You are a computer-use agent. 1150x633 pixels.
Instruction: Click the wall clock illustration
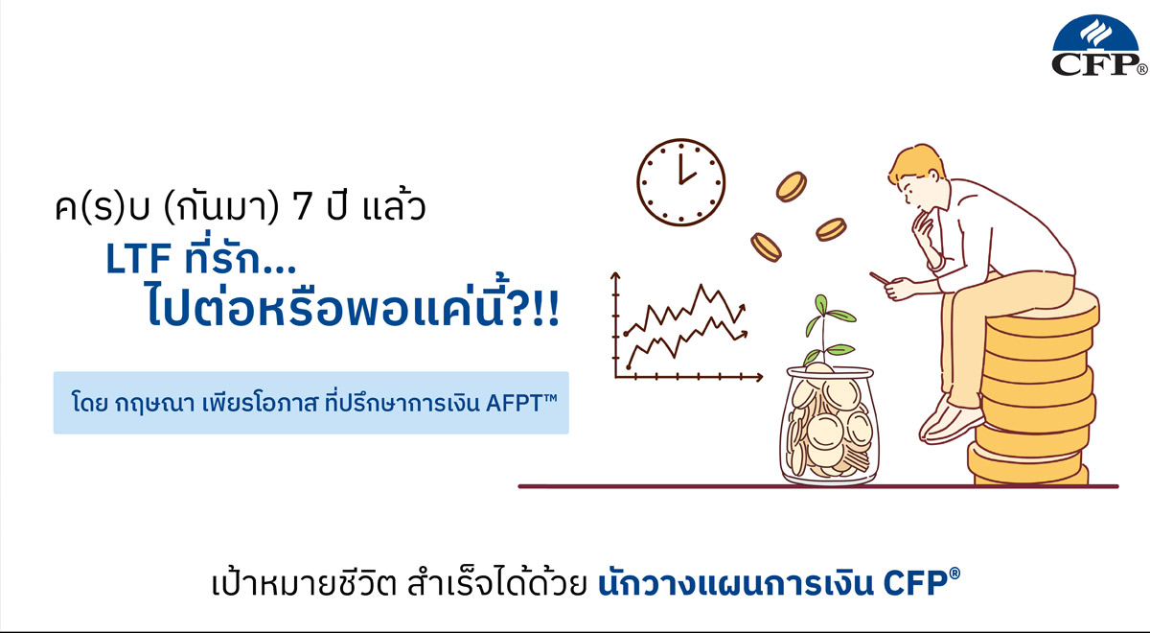[681, 181]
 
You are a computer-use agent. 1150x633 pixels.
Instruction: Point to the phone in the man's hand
[879, 278]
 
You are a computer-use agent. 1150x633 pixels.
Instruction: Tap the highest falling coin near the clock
[792, 186]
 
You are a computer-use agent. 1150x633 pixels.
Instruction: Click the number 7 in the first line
[303, 208]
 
